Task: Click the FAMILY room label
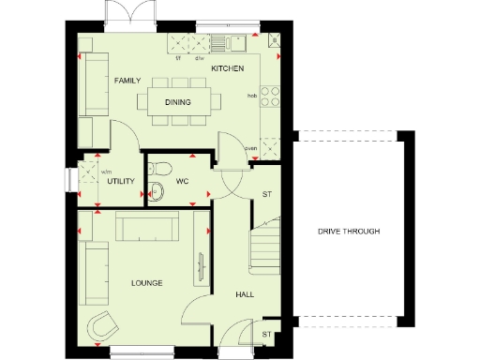(127, 82)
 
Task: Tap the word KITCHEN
(227, 69)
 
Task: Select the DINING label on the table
(178, 102)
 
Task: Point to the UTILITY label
(122, 181)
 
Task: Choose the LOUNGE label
(147, 283)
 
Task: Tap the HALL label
(245, 294)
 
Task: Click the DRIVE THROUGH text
(348, 232)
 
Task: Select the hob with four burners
(272, 96)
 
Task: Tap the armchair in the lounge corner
(102, 326)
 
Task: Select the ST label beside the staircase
(266, 195)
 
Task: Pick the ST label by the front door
(266, 334)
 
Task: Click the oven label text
(250, 148)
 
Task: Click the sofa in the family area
(95, 85)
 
